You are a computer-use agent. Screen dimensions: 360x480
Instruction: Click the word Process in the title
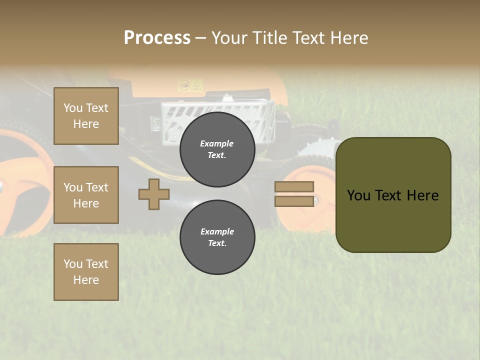157,37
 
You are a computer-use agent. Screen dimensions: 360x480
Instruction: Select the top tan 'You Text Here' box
86,116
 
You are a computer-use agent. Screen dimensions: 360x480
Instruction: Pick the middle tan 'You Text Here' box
86,195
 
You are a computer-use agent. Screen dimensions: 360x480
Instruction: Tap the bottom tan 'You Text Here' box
86,272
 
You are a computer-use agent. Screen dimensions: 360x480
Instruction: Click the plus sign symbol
154,194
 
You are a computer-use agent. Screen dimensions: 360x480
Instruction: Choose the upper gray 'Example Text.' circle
217,149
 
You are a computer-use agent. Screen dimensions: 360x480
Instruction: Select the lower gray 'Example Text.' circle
217,237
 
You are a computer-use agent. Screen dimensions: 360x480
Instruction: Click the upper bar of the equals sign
294,186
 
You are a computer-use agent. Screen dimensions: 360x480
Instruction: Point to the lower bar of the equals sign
294,201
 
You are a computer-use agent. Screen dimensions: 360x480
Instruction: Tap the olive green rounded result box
393,220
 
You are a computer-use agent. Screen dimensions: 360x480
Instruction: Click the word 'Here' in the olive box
422,195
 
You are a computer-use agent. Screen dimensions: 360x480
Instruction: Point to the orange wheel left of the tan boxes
25,180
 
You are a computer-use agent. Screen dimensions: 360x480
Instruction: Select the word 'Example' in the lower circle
217,231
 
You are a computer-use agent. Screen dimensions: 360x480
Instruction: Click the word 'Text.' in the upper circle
217,155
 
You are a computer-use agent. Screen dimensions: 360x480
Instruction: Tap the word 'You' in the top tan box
73,108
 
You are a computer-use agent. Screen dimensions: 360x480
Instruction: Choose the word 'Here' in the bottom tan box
86,280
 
